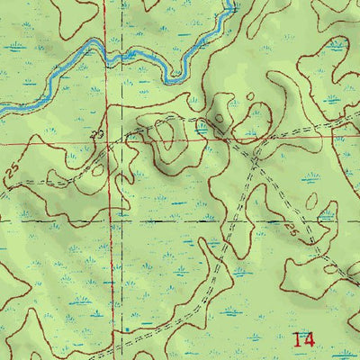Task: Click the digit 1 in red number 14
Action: pyautogui.click(x=298, y=340)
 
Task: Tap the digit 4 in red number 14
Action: pyautogui.click(x=309, y=340)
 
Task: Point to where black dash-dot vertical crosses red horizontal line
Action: pyautogui.click(x=118, y=143)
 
